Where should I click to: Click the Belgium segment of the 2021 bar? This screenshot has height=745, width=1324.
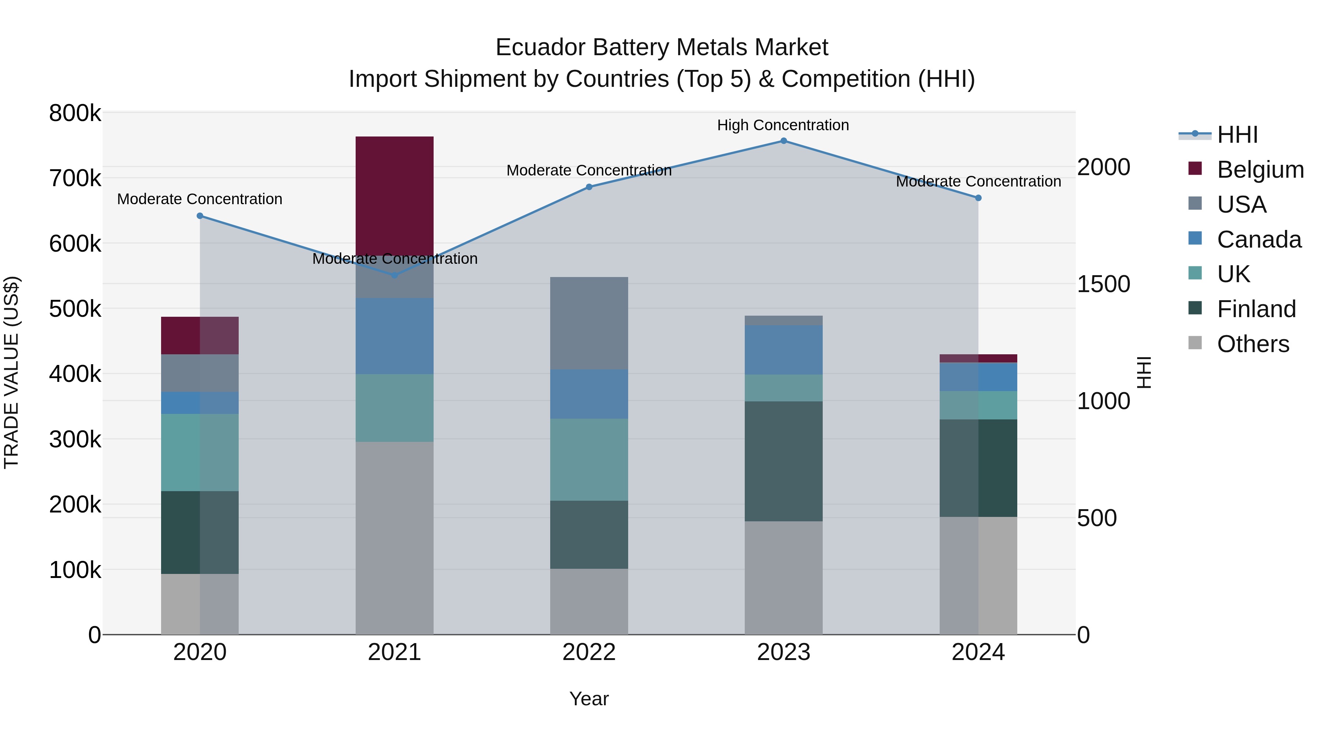pos(394,195)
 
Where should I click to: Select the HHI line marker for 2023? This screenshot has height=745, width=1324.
pos(783,141)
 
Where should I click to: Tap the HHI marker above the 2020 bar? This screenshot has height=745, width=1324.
pos(200,216)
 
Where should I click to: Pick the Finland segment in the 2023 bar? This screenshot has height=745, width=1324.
pos(783,461)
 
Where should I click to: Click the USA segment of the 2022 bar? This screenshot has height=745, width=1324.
pos(589,323)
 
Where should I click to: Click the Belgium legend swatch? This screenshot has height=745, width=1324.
pos(1195,168)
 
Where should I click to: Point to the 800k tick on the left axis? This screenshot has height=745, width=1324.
pos(75,113)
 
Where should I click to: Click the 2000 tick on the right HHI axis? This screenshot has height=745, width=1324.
pos(1103,167)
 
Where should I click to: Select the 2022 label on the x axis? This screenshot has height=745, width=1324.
pos(589,652)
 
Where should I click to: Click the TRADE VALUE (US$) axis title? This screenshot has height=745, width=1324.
pos(12,372)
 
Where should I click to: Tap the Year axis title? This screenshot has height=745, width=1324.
pos(589,699)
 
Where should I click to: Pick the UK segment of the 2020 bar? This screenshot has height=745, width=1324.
pos(200,453)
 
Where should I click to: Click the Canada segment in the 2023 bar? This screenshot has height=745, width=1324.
pos(783,350)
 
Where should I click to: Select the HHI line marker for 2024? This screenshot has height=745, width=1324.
pos(978,198)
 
